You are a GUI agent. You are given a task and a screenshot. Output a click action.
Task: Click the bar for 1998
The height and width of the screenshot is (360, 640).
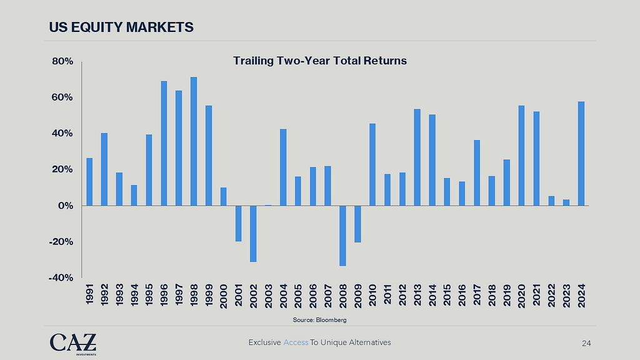(x=194, y=141)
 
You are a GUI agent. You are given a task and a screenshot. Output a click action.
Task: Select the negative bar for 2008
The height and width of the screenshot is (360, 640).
(x=342, y=236)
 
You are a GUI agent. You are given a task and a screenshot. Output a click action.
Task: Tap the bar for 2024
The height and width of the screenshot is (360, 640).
(x=581, y=153)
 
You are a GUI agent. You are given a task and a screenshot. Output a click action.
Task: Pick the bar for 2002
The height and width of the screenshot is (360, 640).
(x=253, y=233)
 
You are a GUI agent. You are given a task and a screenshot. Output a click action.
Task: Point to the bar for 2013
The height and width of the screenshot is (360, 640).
(x=417, y=157)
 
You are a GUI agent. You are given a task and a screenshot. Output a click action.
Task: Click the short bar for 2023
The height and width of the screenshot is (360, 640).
(x=566, y=202)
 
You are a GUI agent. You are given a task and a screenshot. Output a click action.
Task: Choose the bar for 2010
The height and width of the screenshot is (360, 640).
(x=372, y=164)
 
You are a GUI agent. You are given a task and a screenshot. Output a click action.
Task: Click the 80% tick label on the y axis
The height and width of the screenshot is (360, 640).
(x=62, y=61)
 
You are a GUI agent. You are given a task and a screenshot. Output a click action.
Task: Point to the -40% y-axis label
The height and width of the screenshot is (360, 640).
(x=61, y=277)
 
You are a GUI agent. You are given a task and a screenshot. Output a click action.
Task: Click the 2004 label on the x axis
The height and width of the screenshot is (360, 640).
(x=283, y=294)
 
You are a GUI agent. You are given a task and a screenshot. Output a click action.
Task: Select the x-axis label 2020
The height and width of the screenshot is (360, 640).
(x=521, y=294)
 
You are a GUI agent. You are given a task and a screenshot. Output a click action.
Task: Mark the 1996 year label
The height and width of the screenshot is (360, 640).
(x=164, y=294)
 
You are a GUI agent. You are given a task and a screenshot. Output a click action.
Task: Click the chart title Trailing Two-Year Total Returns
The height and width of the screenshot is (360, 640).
(x=320, y=61)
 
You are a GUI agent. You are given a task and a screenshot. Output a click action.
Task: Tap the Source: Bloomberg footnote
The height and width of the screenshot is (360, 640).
(x=319, y=319)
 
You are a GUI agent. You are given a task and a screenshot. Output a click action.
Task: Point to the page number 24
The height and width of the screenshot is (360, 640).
(x=586, y=342)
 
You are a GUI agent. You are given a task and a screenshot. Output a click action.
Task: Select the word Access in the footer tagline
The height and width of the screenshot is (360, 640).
(x=296, y=342)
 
